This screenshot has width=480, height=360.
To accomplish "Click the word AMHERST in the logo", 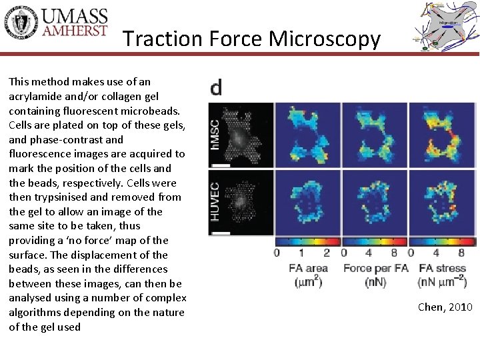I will tap(75, 32).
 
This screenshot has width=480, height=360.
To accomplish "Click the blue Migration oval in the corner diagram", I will tap(448, 22).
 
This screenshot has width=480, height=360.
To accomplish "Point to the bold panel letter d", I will tap(217, 88).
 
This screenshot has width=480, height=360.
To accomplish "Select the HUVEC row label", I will tap(215, 202).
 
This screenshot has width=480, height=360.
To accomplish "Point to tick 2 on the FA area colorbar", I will tap(327, 253).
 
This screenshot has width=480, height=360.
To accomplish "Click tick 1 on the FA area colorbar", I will tap(301, 253).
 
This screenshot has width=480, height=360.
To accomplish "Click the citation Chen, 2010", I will tap(445, 307).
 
